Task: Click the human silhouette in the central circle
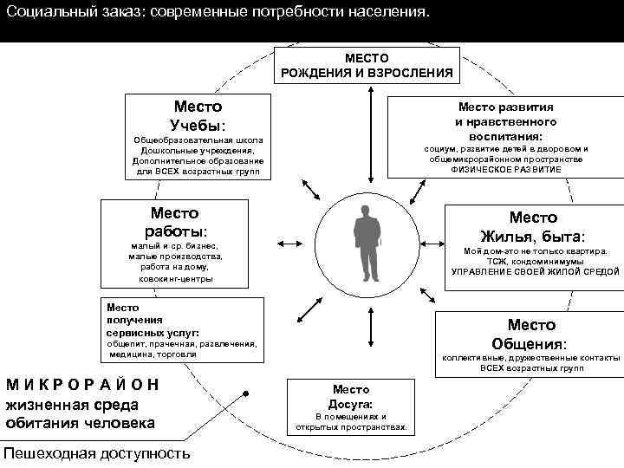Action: [x=367, y=243]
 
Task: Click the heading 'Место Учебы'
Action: [x=198, y=116]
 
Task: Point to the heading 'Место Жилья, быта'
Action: [x=533, y=227]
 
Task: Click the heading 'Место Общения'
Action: [x=531, y=334]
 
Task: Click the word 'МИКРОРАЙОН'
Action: [x=83, y=384]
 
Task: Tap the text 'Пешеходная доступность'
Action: [x=96, y=453]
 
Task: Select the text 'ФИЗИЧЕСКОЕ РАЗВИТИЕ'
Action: [x=506, y=170]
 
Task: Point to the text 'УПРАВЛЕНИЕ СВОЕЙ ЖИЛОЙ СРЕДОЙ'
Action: [x=535, y=272]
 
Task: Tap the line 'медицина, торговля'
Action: [x=153, y=354]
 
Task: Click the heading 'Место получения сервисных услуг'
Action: [x=153, y=320]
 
